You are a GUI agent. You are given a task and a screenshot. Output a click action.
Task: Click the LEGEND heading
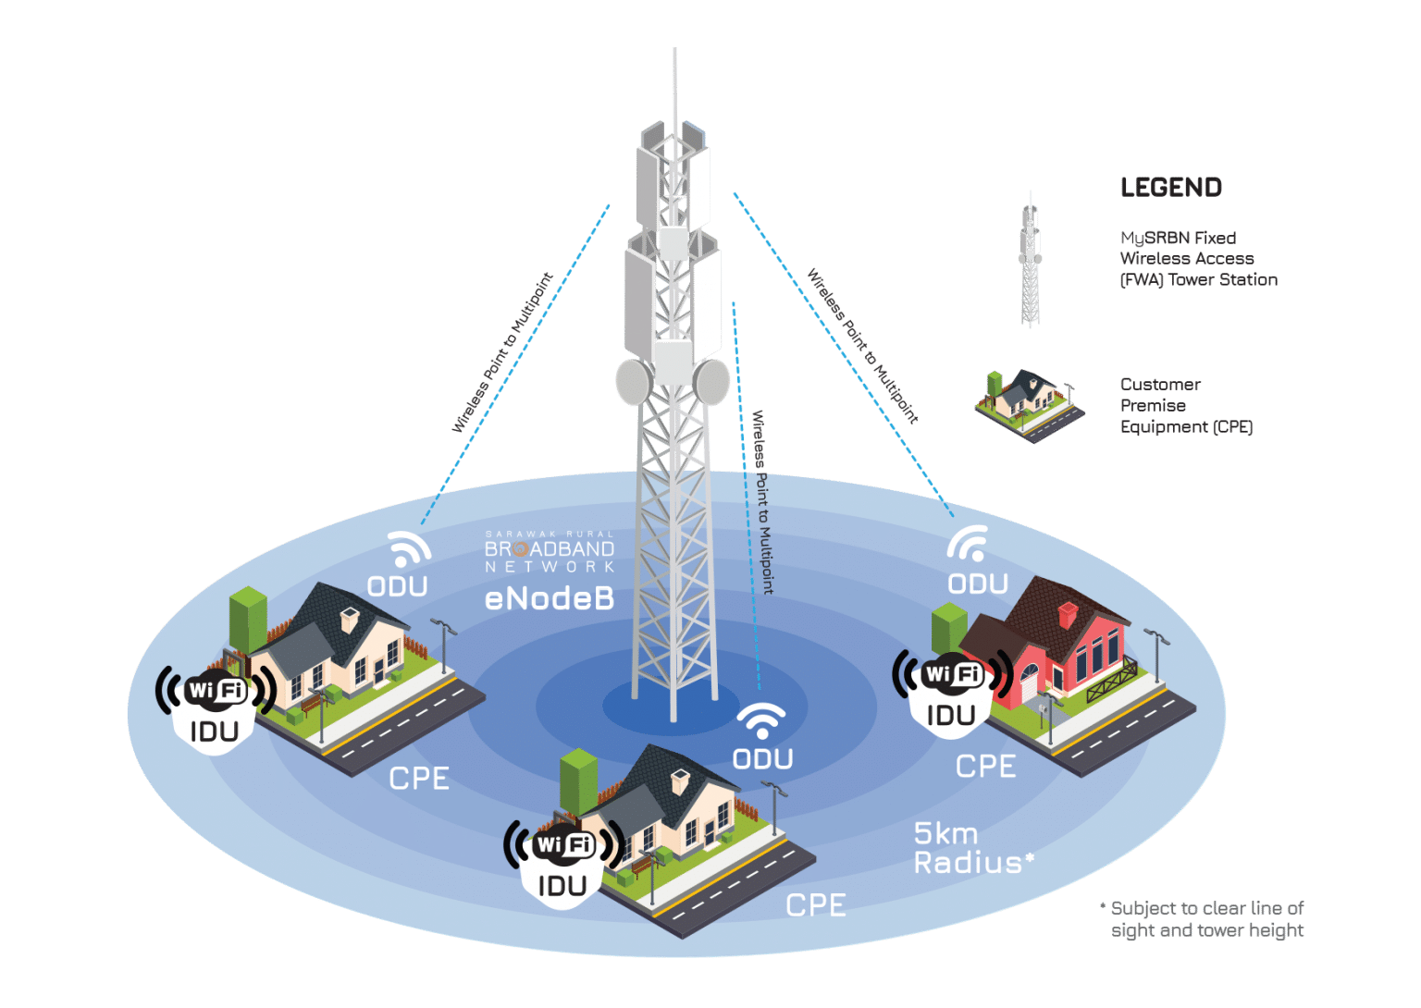(x=1170, y=188)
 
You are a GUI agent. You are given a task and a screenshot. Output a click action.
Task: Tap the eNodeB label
(x=549, y=599)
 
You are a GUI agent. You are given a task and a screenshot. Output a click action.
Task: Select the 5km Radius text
(x=971, y=848)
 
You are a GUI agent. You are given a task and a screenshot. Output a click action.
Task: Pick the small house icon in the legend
(x=1029, y=403)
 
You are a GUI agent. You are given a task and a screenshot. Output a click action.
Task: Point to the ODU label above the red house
(x=977, y=584)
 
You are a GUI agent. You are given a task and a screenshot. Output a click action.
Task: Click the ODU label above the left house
(x=397, y=586)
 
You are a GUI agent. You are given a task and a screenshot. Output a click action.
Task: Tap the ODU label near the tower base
(x=762, y=759)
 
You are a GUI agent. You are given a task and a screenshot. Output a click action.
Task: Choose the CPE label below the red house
(x=985, y=767)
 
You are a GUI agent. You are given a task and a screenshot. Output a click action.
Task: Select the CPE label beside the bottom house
(x=815, y=905)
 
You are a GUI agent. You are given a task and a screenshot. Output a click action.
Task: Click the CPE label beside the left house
(x=418, y=779)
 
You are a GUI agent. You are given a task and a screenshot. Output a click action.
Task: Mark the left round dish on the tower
(x=634, y=381)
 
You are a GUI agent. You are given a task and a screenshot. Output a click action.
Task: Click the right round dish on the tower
(x=712, y=381)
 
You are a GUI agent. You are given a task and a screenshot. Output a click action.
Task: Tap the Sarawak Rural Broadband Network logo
(x=550, y=552)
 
